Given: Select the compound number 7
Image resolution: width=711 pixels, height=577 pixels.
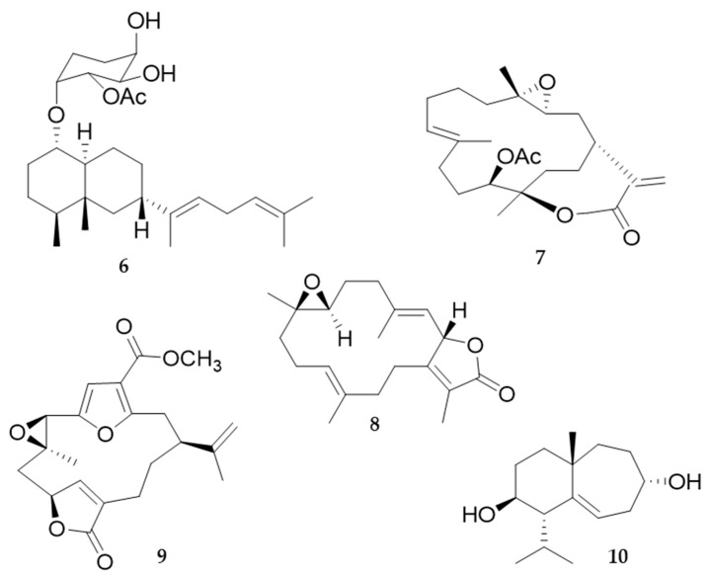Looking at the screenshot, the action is pos(538,260).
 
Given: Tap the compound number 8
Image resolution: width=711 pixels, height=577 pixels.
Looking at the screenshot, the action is pos(374,427).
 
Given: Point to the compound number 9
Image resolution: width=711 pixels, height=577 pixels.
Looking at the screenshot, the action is pos(161,556).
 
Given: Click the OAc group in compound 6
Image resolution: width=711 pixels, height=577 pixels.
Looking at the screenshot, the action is pos(125,96).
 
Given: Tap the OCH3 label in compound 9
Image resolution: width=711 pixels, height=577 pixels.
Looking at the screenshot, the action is pos(193,363).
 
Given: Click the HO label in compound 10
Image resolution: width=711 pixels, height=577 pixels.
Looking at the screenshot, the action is pos(479,515).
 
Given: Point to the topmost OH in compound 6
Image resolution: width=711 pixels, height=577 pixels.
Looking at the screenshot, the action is pos(144,22).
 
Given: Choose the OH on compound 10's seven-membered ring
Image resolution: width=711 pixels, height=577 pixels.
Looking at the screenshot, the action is pos(686,482).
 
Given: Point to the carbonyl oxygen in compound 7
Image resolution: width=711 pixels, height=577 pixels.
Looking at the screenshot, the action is pos(632,237).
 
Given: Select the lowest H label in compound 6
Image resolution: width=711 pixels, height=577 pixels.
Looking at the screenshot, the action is pos(142,231).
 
